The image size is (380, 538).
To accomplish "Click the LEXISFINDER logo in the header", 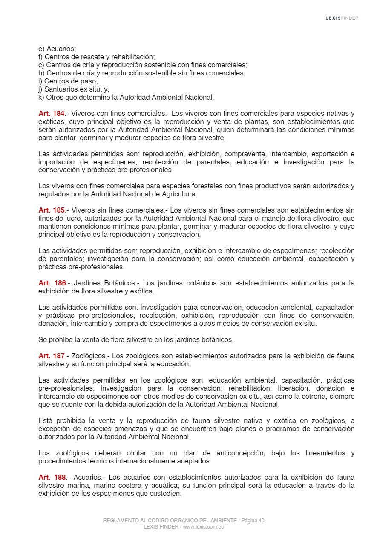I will pos(342,18).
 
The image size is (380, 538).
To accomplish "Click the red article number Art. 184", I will pos(52,113).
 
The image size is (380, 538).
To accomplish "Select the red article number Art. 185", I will pos(52,210).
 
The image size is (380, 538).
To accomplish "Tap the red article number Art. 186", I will pos(52,283).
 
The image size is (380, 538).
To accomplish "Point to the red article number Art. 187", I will pos(52,356).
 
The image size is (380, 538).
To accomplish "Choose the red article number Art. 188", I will pos(52,478).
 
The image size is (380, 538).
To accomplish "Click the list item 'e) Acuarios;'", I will pos(57,49).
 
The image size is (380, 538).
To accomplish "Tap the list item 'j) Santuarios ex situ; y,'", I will pos(74,89).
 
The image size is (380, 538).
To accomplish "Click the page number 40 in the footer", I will pos(261,521).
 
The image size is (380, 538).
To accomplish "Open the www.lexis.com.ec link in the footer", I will pos(203,527).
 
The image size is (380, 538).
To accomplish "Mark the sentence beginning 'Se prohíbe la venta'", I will pos(136,340).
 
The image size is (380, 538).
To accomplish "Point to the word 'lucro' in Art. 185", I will pos(63,218).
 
